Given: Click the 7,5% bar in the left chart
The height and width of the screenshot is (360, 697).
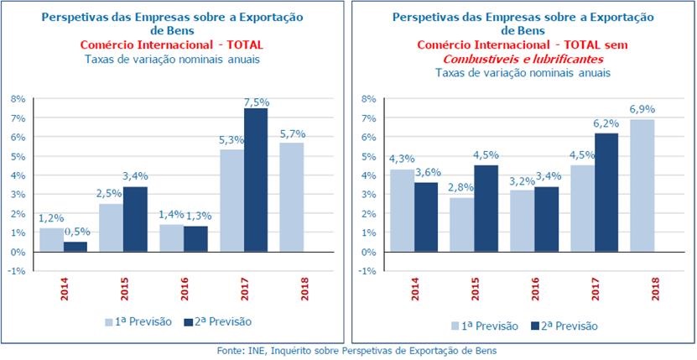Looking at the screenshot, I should [255, 180].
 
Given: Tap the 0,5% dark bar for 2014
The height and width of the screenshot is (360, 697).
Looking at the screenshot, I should [75, 247].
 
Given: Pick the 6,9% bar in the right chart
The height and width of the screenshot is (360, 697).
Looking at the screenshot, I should [642, 185].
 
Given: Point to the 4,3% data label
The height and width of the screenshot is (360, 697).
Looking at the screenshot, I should [402, 159].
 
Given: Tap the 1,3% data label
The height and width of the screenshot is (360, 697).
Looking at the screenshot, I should [198, 217].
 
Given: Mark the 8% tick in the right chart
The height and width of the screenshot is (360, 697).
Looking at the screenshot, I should [366, 98].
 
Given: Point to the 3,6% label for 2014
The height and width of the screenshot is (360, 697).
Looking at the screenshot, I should [426, 173].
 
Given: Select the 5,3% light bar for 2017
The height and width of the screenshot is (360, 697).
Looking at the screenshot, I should [231, 201].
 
